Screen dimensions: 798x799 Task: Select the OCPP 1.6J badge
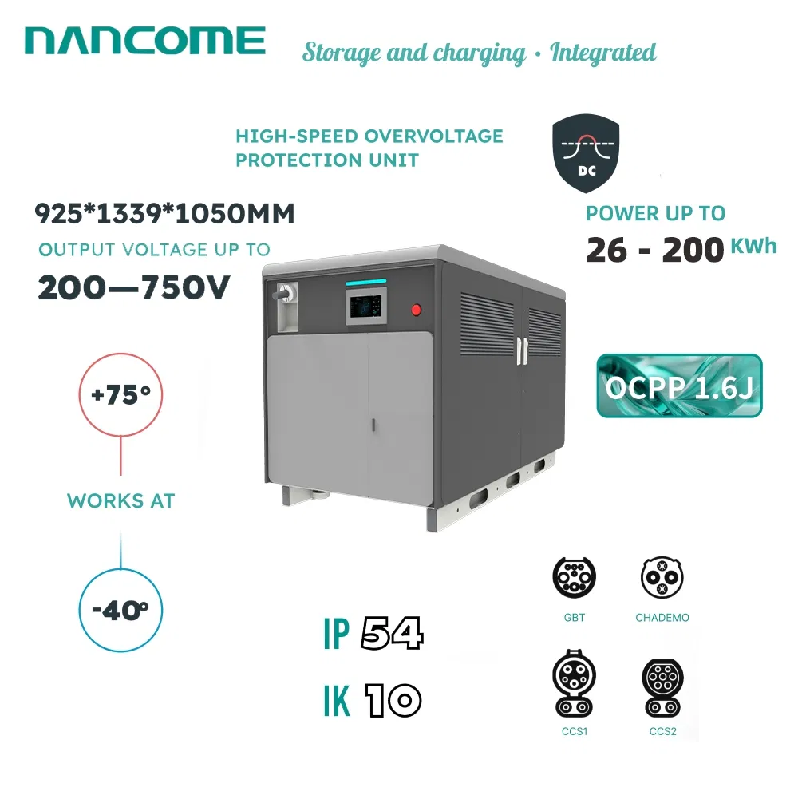[679, 386]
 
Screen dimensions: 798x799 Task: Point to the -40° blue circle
[120, 611]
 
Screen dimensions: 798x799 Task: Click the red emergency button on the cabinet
[416, 310]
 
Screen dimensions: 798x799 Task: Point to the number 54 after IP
[391, 635]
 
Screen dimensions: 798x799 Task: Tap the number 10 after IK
[393, 701]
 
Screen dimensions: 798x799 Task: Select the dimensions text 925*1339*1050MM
[164, 214]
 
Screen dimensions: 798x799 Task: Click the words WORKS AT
[120, 502]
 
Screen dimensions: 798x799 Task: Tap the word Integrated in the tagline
[603, 53]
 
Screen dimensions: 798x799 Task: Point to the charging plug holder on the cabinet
[284, 307]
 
